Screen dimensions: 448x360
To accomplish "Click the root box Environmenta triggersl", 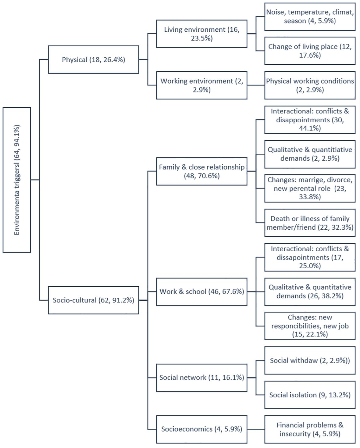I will coord(17,180).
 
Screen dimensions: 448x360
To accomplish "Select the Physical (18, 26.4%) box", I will coord(93,59).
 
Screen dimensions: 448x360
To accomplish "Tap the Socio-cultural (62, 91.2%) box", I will coord(93,300).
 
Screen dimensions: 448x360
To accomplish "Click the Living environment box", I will coord(201,34).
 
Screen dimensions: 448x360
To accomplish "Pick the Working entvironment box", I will coord(201,85).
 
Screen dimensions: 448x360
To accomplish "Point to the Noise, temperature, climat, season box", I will coord(310,16).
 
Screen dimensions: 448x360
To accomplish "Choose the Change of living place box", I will coord(310,51).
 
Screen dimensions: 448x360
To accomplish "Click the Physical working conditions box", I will coord(310,85).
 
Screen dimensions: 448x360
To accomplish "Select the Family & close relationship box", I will coord(201,171).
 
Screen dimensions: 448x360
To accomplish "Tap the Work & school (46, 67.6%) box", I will coord(201,292).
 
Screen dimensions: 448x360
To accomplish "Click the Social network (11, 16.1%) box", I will coord(201,378).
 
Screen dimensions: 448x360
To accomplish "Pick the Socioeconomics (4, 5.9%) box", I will coord(201,429).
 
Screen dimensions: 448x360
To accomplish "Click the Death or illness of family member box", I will coord(310,223).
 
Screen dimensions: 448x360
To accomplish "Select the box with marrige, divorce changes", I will coord(310,188).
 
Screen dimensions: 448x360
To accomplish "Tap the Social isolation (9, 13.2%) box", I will coord(310,395).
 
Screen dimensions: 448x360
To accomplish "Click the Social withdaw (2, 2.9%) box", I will coord(310,360).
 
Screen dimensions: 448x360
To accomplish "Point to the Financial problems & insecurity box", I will coord(310,429).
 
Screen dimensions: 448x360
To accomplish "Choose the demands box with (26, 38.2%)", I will coord(310,292).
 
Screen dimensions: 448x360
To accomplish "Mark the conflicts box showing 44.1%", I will coord(310,120).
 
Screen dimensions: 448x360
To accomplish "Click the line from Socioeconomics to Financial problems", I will coord(256,429).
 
